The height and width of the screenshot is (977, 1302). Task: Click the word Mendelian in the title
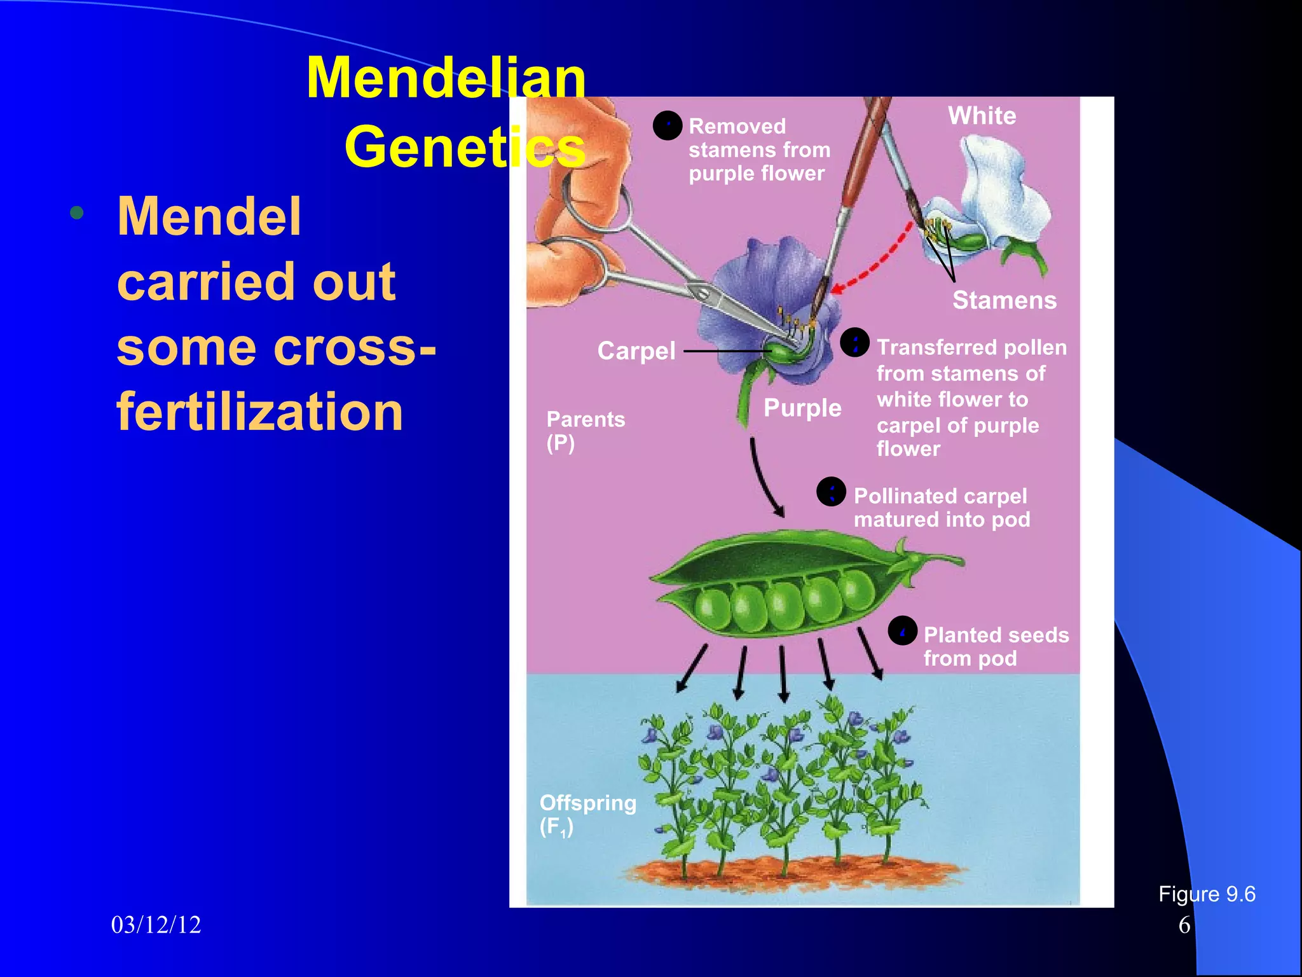[x=446, y=78]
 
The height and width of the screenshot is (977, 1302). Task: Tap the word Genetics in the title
[x=464, y=147]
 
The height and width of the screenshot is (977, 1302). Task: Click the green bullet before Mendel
[x=77, y=213]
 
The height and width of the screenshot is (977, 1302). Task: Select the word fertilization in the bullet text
[x=259, y=412]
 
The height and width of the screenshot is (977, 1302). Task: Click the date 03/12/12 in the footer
[x=156, y=925]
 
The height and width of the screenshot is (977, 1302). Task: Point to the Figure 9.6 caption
[x=1206, y=894]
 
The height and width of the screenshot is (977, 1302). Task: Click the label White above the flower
[x=982, y=116]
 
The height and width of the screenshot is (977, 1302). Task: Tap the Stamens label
[x=1004, y=300]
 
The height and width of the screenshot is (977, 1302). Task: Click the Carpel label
[x=636, y=351]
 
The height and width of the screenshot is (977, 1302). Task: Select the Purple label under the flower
[x=802, y=408]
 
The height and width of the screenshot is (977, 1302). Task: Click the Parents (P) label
[x=585, y=431]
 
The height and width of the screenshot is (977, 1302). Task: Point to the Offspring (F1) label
[x=587, y=814]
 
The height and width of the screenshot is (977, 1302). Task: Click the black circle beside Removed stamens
[x=668, y=125]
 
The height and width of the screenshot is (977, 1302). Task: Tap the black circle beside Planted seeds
[x=902, y=631]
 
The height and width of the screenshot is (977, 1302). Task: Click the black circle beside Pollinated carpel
[x=831, y=492]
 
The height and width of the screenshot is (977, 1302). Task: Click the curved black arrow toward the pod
[x=763, y=477]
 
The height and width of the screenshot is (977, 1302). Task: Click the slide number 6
[x=1184, y=925]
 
